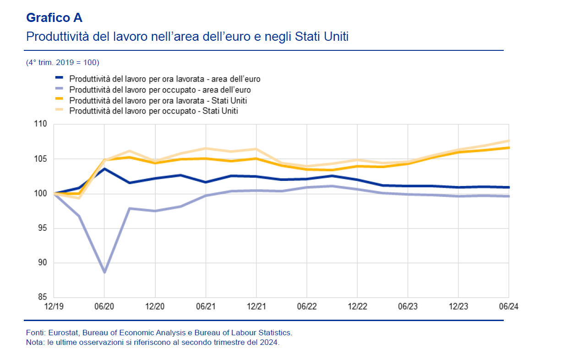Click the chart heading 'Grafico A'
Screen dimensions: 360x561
[x=54, y=18]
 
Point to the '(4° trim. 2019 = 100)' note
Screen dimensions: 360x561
[x=63, y=62]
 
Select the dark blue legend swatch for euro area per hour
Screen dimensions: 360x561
[x=60, y=79]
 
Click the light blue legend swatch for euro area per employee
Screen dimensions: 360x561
[x=60, y=89]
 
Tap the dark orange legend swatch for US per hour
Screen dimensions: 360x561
[x=60, y=100]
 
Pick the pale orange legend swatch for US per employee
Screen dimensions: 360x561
[x=60, y=110]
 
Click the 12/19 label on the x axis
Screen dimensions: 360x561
[x=54, y=306]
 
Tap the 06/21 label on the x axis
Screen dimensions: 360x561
[x=206, y=306]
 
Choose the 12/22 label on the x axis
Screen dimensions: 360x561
[x=357, y=306]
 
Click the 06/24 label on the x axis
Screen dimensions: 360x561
[x=508, y=306]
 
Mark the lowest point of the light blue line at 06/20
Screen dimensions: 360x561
[x=104, y=272]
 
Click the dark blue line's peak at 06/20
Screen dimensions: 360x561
[x=104, y=169]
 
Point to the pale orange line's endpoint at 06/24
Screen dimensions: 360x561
[x=509, y=141]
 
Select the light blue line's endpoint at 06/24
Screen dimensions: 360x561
[x=509, y=196]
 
